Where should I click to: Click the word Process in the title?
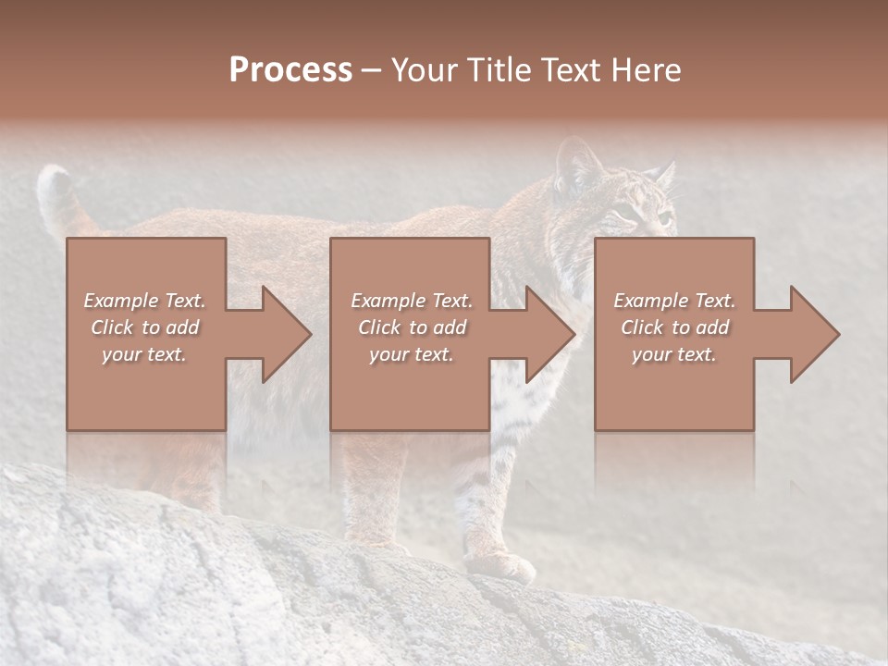point(290,70)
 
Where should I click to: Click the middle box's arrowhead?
point(549,334)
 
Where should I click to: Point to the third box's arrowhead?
point(813,334)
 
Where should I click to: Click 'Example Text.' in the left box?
point(145,301)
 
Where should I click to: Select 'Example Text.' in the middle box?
point(412,301)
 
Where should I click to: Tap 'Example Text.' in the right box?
point(674,301)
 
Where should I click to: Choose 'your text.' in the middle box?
point(412,354)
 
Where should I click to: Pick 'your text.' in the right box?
point(674,354)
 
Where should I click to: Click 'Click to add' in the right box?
point(674,327)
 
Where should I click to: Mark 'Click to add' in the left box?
point(145,327)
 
